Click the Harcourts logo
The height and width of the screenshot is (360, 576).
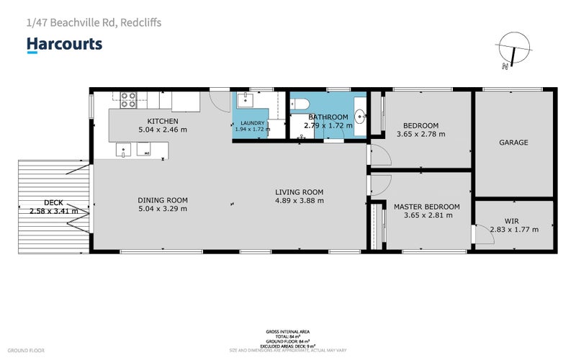[64, 45]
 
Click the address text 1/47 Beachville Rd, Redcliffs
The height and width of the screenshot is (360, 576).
[94, 22]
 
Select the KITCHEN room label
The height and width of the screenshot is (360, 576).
[162, 121]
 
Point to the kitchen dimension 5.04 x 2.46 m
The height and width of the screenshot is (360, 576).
[162, 130]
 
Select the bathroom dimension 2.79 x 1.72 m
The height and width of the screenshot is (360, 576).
[328, 125]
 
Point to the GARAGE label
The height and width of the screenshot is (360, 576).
[513, 143]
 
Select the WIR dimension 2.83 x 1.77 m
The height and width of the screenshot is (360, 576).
[513, 230]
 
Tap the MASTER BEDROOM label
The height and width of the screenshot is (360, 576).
[426, 207]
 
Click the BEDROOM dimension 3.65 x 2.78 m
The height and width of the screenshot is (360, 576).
[420, 134]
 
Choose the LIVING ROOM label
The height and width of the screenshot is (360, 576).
[299, 192]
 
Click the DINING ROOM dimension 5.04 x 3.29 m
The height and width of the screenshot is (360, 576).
[163, 209]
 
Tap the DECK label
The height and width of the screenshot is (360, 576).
[53, 202]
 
